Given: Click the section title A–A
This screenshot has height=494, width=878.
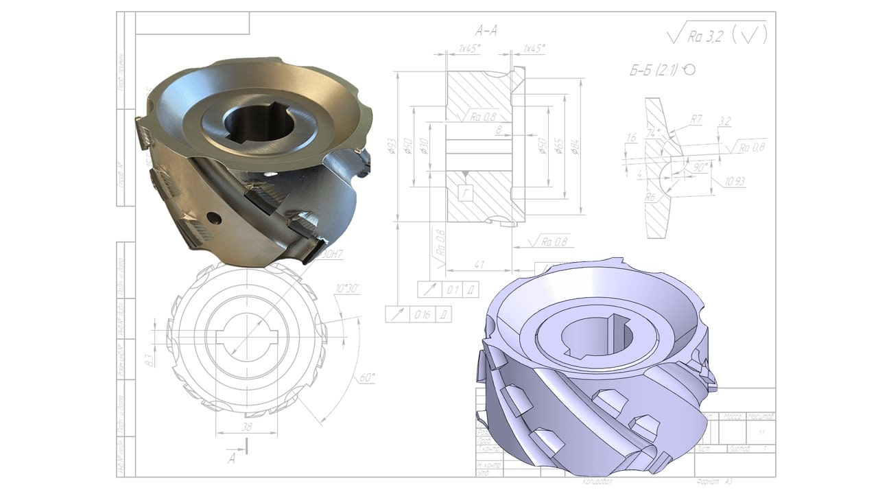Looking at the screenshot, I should tap(486, 30).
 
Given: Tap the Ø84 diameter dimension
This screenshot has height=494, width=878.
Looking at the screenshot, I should tap(574, 146).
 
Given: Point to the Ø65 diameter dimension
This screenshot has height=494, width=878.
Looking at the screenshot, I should tap(559, 146).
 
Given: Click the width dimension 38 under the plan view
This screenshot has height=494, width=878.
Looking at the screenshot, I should tap(246, 426).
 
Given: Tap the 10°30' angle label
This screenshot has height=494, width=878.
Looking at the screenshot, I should tap(348, 288).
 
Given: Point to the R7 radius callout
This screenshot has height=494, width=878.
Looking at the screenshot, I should tap(696, 119).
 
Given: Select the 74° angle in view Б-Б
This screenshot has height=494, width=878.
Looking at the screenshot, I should tap(654, 134).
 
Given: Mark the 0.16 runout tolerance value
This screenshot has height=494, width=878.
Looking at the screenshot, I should tap(421, 315).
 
